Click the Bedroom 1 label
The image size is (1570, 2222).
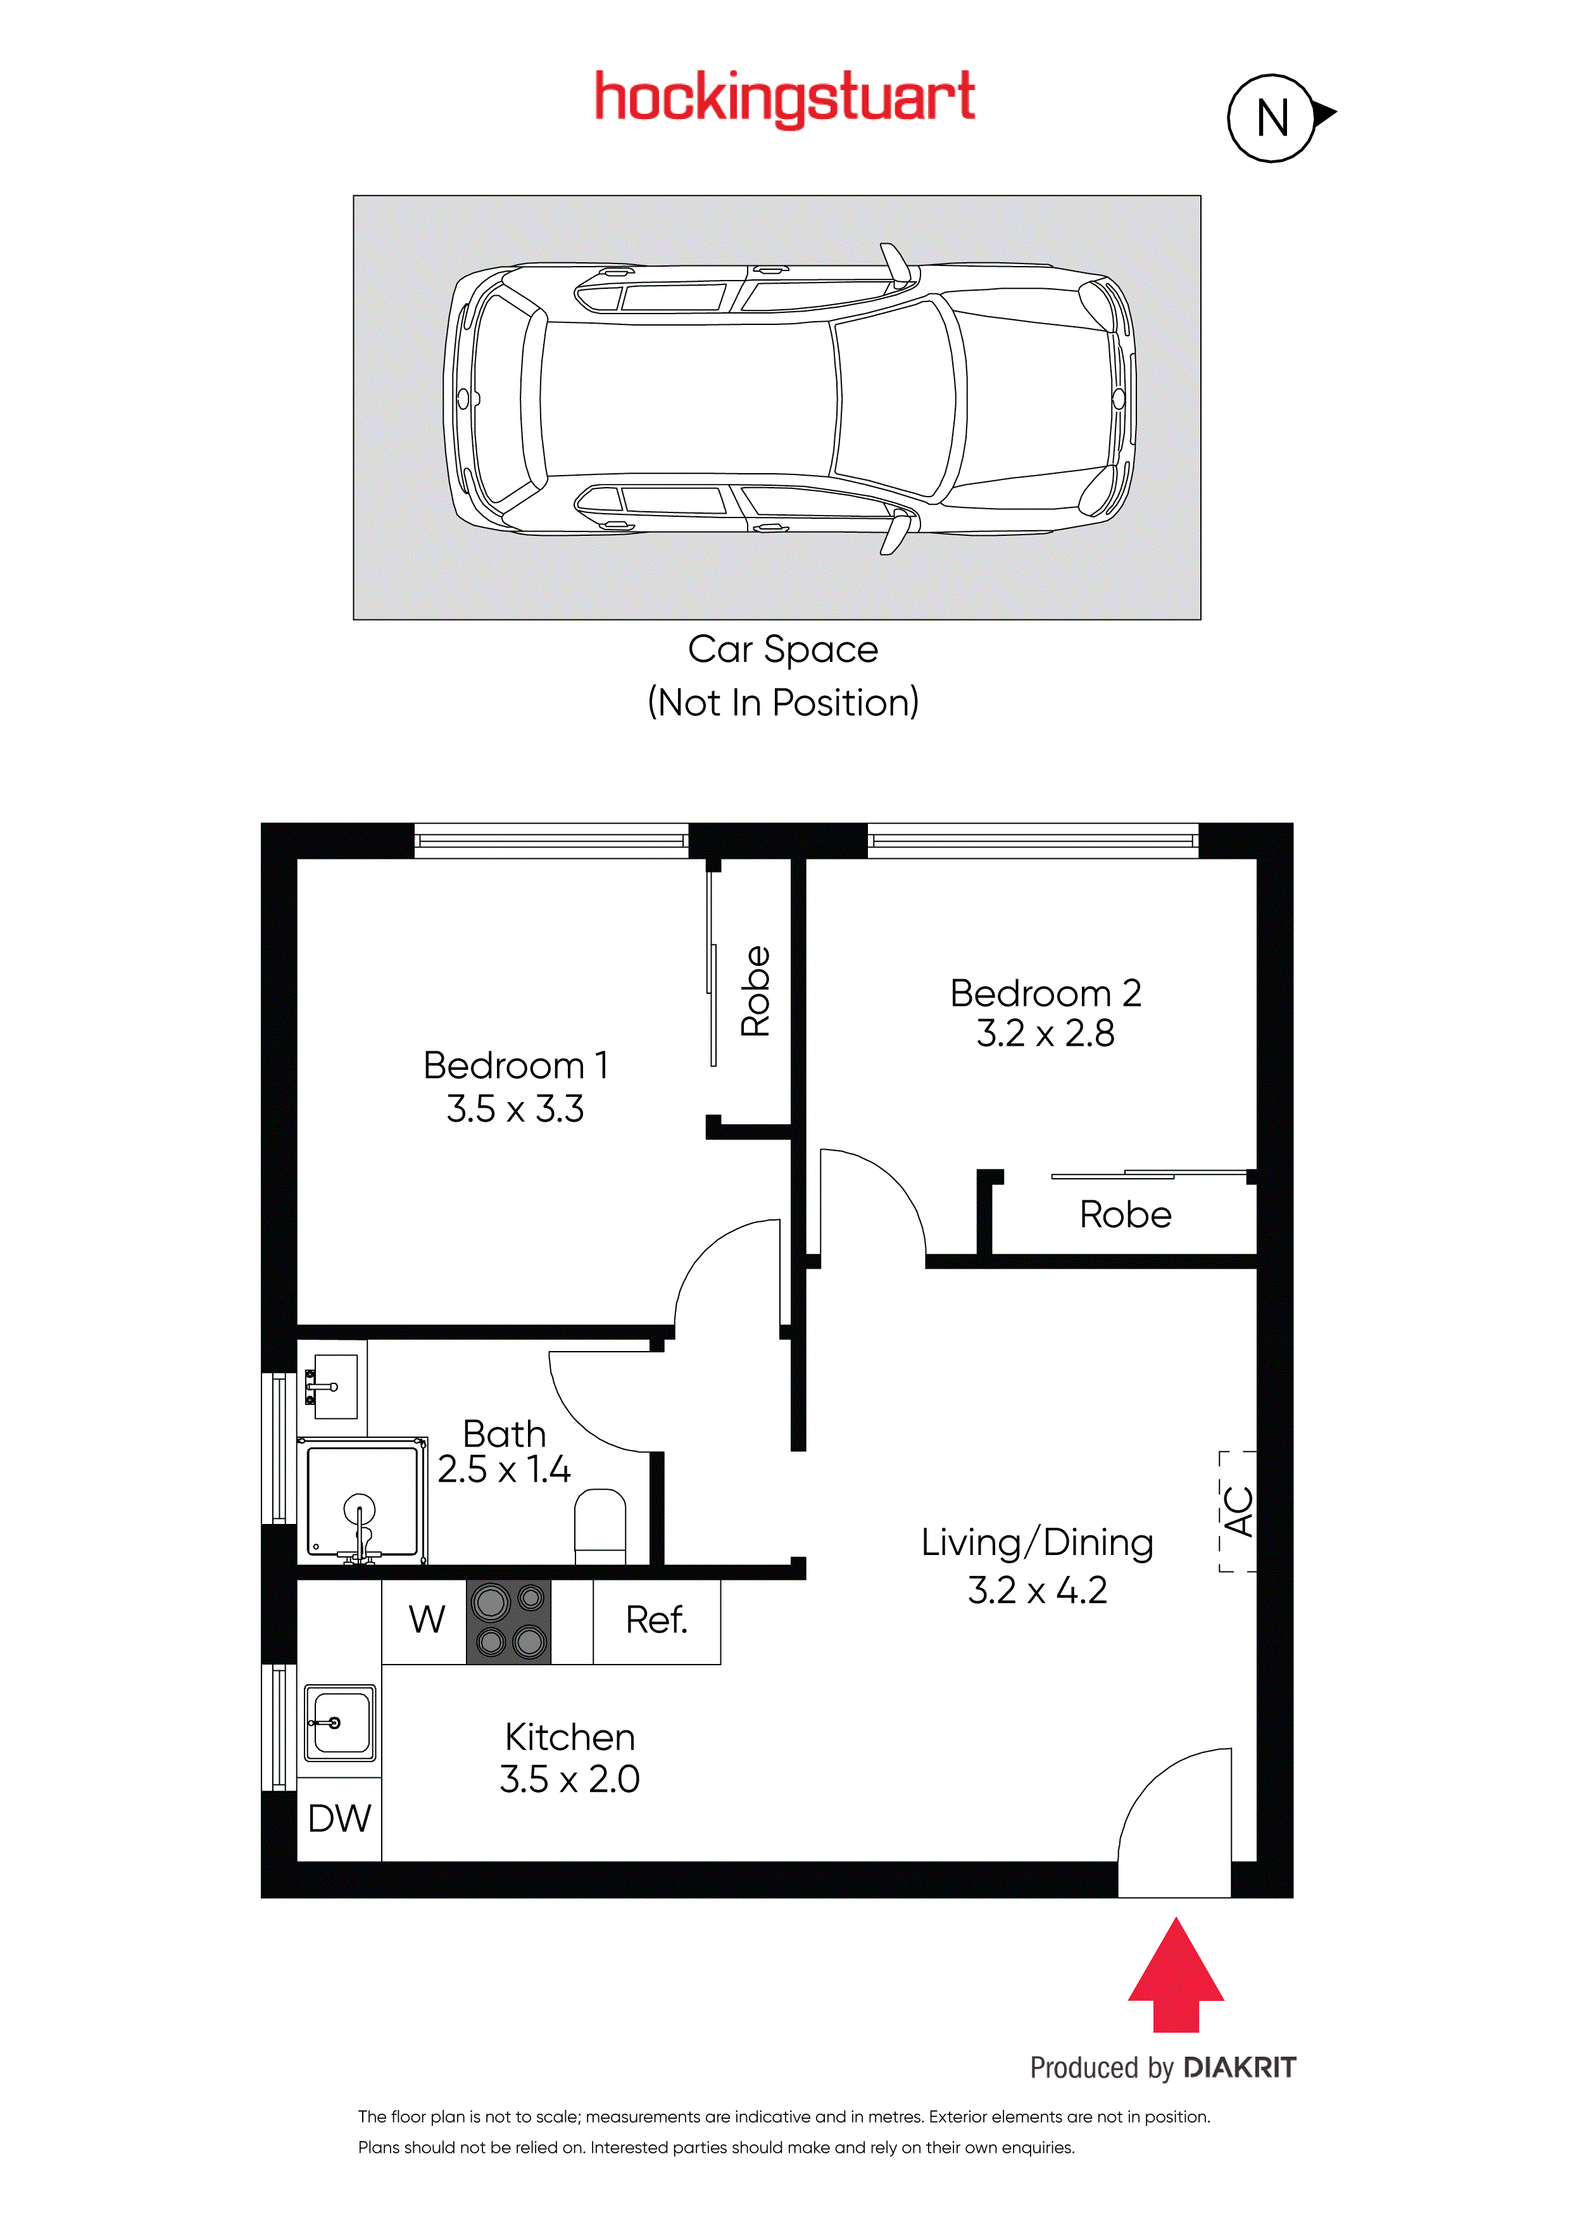point(515,1065)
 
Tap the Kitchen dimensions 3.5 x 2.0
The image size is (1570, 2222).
point(570,1779)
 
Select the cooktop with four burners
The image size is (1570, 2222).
point(509,1622)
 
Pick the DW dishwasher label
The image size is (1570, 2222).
point(339,1819)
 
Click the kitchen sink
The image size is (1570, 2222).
point(339,1723)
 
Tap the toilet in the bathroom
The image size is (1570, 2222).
point(600,1526)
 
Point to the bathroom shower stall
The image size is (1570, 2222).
point(363,1500)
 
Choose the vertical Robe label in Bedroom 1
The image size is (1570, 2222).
point(755,991)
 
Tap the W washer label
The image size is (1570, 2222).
point(427,1619)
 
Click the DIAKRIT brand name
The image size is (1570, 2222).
point(1239,2067)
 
